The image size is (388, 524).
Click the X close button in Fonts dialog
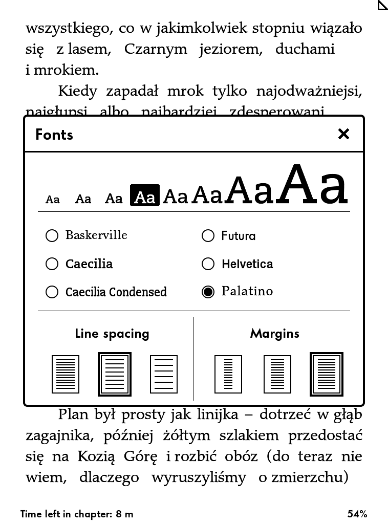(x=343, y=134)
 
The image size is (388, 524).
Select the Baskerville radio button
(x=52, y=235)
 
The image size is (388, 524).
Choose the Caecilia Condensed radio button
(x=52, y=292)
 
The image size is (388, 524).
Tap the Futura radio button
(x=208, y=235)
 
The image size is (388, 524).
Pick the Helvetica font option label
(x=247, y=264)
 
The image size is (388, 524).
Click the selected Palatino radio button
(x=208, y=292)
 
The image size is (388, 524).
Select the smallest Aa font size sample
(x=53, y=199)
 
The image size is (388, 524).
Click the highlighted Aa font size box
(x=145, y=195)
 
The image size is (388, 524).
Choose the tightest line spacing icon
(x=66, y=374)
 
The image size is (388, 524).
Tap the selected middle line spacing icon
(x=115, y=374)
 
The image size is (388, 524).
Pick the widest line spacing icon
(x=164, y=374)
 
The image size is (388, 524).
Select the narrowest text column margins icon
(x=228, y=374)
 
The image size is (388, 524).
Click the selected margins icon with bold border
(x=327, y=374)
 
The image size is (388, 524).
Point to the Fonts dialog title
(x=54, y=135)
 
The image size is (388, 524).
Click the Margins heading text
(x=275, y=334)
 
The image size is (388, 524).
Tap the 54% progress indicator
(x=357, y=514)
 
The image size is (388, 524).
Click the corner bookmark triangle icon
(x=382, y=5)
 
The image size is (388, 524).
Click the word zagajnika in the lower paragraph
(x=59, y=435)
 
